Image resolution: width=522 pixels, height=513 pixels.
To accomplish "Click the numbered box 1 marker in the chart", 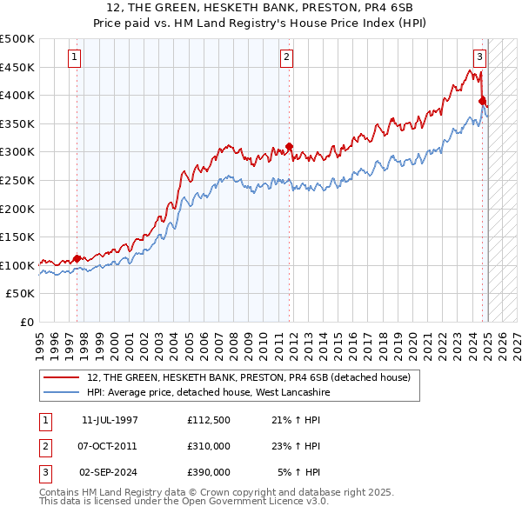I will [75, 58].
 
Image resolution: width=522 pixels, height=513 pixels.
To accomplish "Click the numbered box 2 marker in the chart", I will [286, 58].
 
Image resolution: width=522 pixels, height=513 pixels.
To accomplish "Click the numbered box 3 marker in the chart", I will [479, 58].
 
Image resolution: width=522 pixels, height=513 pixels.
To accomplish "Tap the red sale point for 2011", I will [289, 146].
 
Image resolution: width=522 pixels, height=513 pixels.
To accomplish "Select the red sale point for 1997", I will [77, 258].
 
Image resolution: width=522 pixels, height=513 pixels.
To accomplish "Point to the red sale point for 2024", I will [482, 101].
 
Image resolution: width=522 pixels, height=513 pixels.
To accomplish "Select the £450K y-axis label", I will [17, 67].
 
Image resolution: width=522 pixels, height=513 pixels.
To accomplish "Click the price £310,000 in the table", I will [209, 446].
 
